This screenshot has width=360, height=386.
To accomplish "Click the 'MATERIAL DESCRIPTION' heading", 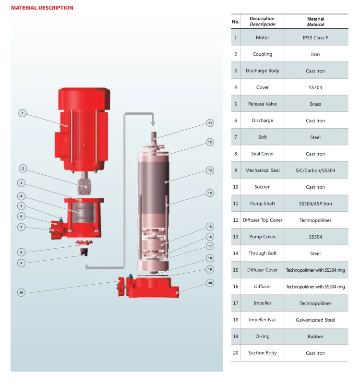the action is point(42,8).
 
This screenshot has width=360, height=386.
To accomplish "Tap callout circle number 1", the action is point(23,113).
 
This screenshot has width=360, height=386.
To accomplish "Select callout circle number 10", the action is point(21,292).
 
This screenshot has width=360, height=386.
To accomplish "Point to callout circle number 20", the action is point(210,283).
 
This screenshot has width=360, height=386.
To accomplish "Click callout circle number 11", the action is point(210,123).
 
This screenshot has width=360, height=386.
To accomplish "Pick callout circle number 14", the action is point(210,193).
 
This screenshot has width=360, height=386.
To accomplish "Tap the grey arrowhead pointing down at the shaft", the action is point(153,123).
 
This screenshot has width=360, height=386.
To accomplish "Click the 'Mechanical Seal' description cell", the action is point(262,170).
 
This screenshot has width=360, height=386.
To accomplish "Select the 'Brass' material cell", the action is point(315,104).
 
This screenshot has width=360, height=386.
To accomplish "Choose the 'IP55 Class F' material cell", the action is point(315,37).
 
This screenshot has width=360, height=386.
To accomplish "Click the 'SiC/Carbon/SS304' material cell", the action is point(315,170).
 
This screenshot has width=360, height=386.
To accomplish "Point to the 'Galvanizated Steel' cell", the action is point(315,320).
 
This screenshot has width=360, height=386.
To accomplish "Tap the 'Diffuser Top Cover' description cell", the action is point(262,220).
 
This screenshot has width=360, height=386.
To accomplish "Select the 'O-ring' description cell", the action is point(262,336).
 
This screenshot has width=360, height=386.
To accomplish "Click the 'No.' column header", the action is point(236,22).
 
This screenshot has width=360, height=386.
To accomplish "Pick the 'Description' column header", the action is point(262,18).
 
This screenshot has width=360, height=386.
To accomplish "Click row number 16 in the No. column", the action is point(236,287).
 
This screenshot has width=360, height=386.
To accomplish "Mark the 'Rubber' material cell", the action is point(315,336).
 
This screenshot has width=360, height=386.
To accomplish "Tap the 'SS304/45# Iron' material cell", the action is point(315,204).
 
